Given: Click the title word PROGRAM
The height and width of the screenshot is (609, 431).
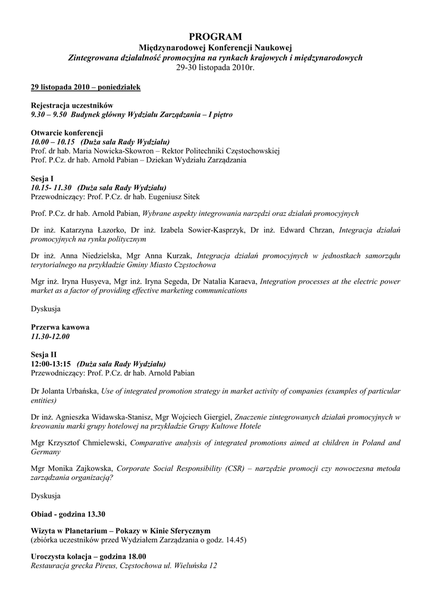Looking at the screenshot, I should tap(215, 37).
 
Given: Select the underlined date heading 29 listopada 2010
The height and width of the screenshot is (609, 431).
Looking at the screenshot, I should tap(86, 87).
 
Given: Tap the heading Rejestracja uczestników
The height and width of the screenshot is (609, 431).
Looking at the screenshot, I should tap(71, 105).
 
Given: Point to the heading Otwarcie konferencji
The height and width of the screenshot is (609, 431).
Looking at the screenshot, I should tap(67, 133).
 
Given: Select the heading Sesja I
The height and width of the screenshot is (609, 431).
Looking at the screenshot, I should tap(42, 178).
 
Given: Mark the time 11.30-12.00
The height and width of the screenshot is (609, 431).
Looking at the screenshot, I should tap(51, 337).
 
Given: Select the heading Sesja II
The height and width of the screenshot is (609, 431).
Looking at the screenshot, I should tap(43, 354).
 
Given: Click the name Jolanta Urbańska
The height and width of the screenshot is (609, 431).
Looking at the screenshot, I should tap(70, 391).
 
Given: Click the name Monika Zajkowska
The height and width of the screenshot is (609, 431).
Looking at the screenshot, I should tap(76, 469).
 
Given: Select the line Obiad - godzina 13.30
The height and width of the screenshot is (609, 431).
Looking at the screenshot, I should tap(68, 513).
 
